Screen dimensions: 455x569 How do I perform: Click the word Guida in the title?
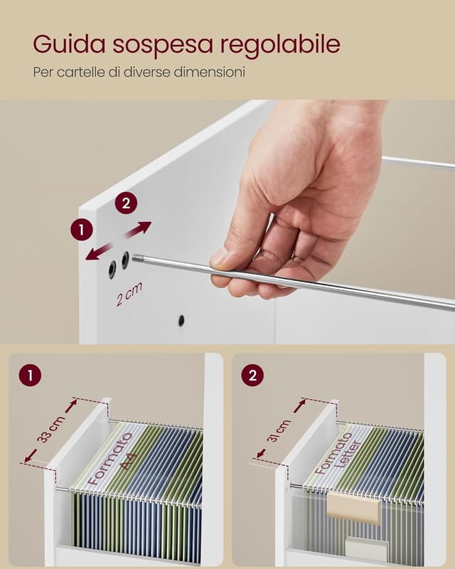point(69,44)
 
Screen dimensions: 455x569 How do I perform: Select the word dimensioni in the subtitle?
point(209,72)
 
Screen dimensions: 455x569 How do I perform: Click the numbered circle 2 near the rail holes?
point(126,203)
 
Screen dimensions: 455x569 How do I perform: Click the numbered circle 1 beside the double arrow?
point(82,230)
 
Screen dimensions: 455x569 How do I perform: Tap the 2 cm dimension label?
point(129,294)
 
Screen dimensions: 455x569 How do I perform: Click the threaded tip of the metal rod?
point(137,258)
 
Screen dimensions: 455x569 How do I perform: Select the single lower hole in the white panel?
point(181,320)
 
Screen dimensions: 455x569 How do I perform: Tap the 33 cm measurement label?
point(51,429)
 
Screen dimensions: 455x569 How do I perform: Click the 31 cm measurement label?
point(279,431)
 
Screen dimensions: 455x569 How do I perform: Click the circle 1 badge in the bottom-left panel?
point(30,376)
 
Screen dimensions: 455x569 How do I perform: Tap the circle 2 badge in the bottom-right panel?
point(252,376)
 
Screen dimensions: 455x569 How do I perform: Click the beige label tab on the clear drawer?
point(353,506)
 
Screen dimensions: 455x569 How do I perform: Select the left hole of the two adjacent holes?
point(112,270)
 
